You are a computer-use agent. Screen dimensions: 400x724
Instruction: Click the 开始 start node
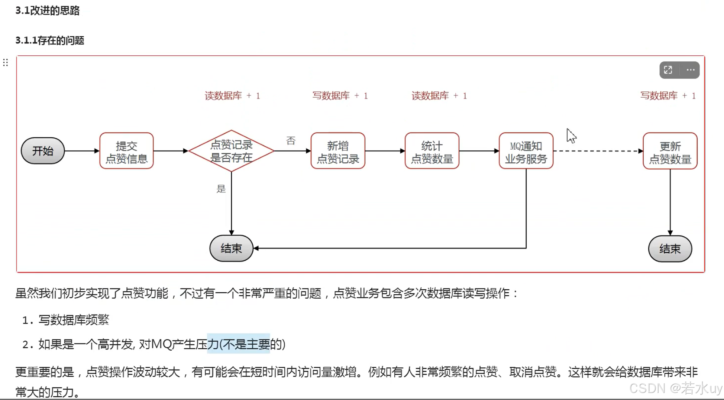[43, 151]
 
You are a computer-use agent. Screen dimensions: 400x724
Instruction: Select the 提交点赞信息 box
[126, 151]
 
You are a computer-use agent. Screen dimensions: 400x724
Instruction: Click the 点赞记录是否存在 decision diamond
[231, 151]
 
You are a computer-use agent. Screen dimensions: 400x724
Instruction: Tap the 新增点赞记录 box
[337, 151]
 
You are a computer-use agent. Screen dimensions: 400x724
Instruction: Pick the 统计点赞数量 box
[432, 151]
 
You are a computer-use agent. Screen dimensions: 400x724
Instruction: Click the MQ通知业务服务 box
[526, 151]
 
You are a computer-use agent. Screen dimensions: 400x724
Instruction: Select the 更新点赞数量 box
[670, 151]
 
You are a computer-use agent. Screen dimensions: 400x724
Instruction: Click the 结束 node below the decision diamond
[231, 248]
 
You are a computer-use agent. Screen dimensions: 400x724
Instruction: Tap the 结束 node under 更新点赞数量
[670, 249]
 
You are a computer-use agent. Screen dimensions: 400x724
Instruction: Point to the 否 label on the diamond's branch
[291, 140]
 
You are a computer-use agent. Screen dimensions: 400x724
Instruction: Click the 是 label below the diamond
[221, 189]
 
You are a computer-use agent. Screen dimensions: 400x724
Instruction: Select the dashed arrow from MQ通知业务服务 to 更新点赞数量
[598, 151]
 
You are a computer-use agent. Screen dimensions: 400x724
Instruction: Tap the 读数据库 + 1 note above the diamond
[232, 96]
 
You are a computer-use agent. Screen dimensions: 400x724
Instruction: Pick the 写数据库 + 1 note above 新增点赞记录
[340, 96]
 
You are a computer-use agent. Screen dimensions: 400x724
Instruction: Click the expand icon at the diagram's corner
[668, 70]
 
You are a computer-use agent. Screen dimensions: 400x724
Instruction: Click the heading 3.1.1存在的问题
[50, 40]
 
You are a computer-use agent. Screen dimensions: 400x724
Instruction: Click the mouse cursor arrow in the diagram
[571, 136]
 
